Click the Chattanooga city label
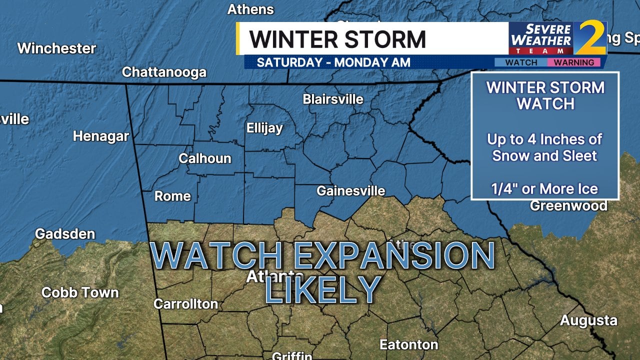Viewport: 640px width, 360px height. (164, 72)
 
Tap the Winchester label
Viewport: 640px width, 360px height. (56, 48)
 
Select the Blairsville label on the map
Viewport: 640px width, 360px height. (333, 99)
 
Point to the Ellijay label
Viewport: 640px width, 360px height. (264, 128)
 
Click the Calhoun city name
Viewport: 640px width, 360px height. (205, 158)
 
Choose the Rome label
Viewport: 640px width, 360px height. (172, 196)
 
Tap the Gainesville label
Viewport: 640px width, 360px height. (351, 190)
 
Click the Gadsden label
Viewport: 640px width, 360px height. (65, 233)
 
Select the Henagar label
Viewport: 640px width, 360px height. (101, 136)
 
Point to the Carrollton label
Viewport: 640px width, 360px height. (185, 303)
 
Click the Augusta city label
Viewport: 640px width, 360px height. (588, 320)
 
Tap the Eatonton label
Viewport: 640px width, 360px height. (409, 344)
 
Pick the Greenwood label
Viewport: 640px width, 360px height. (568, 205)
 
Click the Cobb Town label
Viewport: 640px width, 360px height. (80, 292)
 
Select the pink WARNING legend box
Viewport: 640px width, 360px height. (573, 62)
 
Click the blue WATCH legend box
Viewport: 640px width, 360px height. (521, 62)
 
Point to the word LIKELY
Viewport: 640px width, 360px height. (323, 289)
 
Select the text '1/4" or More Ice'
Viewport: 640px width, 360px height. (544, 188)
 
